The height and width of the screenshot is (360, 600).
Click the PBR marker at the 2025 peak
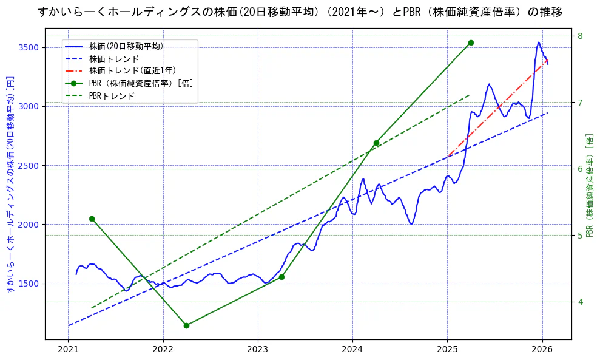coord(471,42)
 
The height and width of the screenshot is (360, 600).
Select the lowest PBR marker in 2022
coord(186,325)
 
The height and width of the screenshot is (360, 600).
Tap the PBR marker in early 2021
coord(92,219)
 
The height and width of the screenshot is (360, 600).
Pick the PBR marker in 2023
coord(281,277)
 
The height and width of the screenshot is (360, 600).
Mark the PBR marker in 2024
coord(376,143)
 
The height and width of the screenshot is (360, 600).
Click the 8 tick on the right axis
coord(580,36)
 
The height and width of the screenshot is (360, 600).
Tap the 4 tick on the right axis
coord(580,302)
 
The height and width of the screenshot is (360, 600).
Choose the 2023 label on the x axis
coord(258,350)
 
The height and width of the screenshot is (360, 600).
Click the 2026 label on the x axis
coord(542,350)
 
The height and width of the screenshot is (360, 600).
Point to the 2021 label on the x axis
coord(69,350)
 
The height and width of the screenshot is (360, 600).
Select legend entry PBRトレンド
coord(112,96)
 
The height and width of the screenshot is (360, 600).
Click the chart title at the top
coord(300,12)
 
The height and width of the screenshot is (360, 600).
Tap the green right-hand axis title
coord(589,185)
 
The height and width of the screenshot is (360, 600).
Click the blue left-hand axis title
coord(9,185)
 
